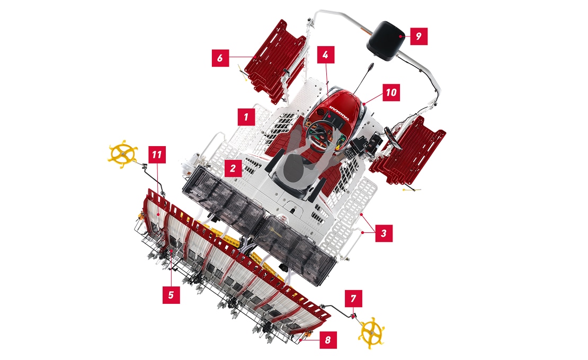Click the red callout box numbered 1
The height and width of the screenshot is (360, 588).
coord(246,117)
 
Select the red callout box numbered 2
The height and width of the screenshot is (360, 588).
coord(233,168)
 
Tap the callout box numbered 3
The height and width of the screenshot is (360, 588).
coord(384,233)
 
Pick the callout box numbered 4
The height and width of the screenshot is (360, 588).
coord(325,55)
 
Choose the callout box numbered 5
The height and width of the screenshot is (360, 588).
coord(171,295)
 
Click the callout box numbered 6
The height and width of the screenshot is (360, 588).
coord(220,58)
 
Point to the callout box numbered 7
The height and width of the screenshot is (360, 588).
coord(353,299)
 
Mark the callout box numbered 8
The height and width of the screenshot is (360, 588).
coord(328,340)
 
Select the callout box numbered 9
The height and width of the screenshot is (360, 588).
coord(419,37)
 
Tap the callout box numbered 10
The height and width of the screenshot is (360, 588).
coord(391,92)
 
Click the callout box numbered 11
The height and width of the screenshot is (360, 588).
coord(157,155)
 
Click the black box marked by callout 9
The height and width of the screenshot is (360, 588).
coord(386,41)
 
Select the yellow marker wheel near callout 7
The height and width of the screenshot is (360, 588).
coord(372,332)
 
